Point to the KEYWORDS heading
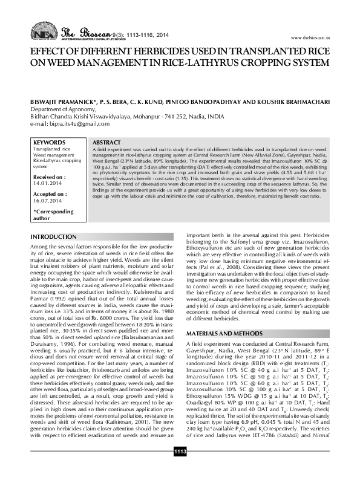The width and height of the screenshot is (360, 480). (50, 143)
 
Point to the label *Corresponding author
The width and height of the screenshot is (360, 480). (53, 215)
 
